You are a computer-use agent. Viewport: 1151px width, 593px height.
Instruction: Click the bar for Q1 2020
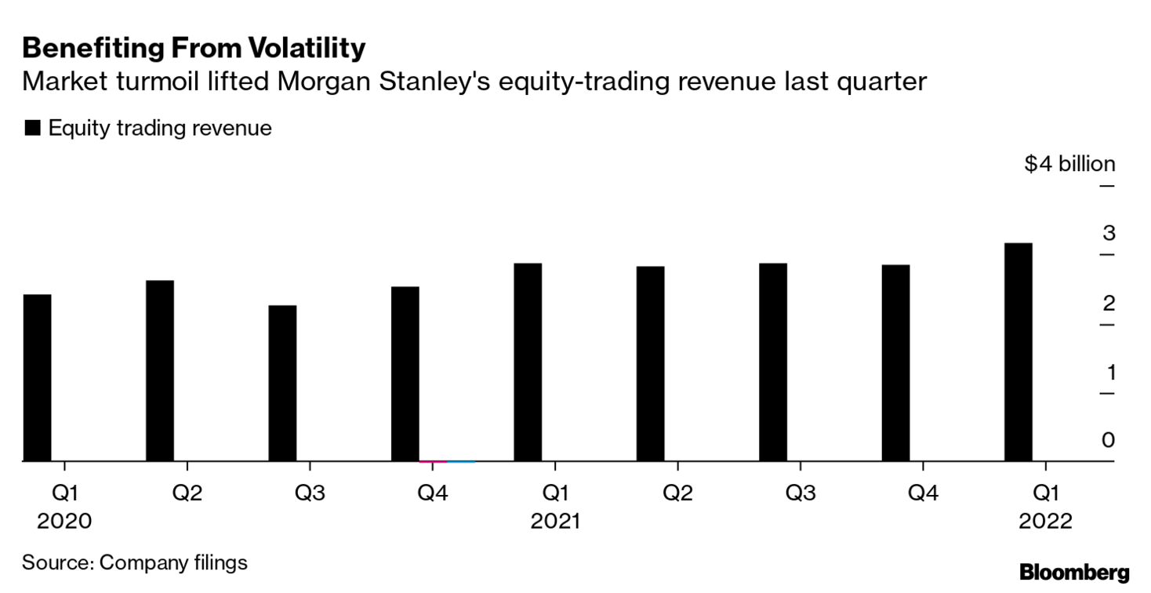click(x=37, y=378)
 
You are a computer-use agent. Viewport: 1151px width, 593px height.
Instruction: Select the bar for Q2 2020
click(x=160, y=371)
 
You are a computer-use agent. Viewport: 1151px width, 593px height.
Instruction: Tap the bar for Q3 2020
click(x=282, y=384)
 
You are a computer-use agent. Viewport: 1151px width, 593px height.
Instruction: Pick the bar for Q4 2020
click(x=405, y=374)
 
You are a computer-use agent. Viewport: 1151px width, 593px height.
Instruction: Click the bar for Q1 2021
click(x=528, y=362)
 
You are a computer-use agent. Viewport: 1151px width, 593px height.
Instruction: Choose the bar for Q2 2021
click(x=650, y=364)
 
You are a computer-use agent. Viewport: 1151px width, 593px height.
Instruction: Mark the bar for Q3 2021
click(x=772, y=362)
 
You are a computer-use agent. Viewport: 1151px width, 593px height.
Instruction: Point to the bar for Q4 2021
click(x=895, y=363)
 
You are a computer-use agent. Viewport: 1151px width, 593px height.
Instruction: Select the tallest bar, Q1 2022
click(x=1018, y=352)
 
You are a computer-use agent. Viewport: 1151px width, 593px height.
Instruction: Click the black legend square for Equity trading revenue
click(x=32, y=129)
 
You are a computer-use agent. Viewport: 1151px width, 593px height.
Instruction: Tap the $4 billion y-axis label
click(x=1069, y=164)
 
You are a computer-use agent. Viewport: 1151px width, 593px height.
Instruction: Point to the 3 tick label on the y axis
click(x=1108, y=233)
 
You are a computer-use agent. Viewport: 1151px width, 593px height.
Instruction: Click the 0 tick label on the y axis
click(x=1108, y=440)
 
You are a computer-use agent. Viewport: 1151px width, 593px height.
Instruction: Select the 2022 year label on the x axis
click(x=1044, y=521)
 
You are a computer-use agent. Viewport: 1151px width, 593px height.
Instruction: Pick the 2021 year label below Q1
click(x=555, y=521)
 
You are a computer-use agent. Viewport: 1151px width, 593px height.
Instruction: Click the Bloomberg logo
click(x=1074, y=572)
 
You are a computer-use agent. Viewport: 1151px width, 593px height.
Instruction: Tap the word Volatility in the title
click(x=307, y=49)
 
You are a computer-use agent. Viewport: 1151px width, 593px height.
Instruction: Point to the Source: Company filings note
click(x=134, y=562)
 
